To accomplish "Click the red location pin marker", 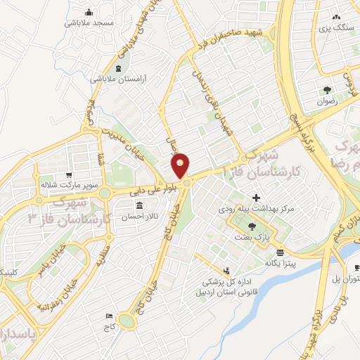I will [181, 166].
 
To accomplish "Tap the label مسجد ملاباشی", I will [89, 23].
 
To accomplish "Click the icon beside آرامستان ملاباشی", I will [117, 68].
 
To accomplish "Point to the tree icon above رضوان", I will [328, 89].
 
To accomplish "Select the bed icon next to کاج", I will [108, 317].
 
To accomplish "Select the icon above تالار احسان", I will [139, 206].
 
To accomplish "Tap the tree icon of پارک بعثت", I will [252, 226].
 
